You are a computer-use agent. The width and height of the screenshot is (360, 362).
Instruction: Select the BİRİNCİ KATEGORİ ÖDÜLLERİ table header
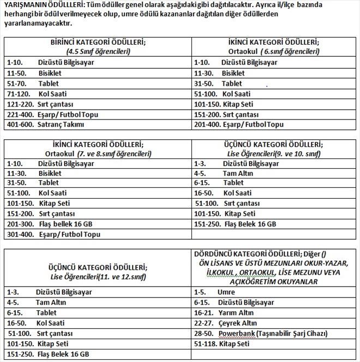(x=98, y=42)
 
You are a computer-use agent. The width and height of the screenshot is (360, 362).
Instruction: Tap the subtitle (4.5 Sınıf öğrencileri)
(x=98, y=52)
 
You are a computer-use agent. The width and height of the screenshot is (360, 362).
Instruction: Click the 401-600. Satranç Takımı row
(x=46, y=124)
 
